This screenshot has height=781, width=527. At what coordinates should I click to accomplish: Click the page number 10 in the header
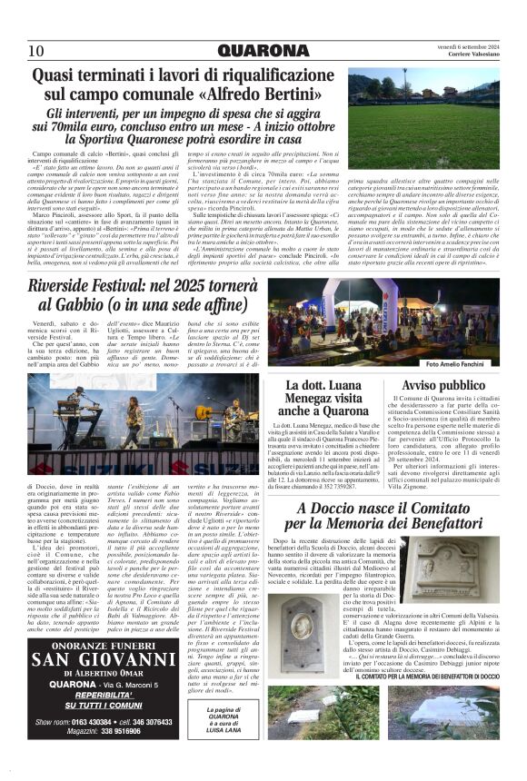(36, 50)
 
